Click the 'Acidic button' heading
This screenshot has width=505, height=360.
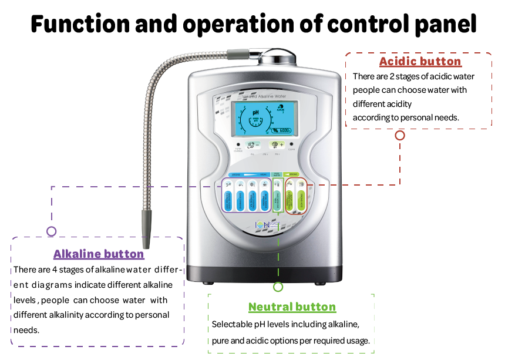[419, 61]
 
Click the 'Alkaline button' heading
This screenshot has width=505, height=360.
[98, 254]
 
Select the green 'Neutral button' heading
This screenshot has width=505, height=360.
[292, 307]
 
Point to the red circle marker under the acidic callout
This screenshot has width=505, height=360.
[400, 135]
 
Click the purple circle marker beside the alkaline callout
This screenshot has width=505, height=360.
[52, 231]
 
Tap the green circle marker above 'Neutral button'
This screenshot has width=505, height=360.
[278, 287]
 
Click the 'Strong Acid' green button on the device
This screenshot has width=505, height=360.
[302, 197]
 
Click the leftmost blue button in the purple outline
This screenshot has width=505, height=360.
[227, 196]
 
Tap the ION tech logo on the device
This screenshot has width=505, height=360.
[267, 225]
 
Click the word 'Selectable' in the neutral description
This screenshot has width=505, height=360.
[228, 325]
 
